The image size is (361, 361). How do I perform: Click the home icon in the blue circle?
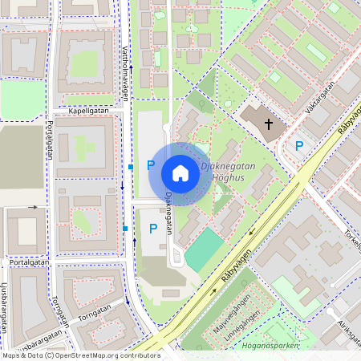[180, 173]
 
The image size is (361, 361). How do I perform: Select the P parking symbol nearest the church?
[299, 145]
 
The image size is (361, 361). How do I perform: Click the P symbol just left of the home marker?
[150, 164]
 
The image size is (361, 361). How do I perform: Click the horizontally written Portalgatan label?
[28, 262]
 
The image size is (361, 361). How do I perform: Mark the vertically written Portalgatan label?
[50, 139]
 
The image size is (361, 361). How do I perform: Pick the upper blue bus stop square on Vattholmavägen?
[130, 167]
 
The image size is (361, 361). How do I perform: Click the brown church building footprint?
[261, 120]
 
